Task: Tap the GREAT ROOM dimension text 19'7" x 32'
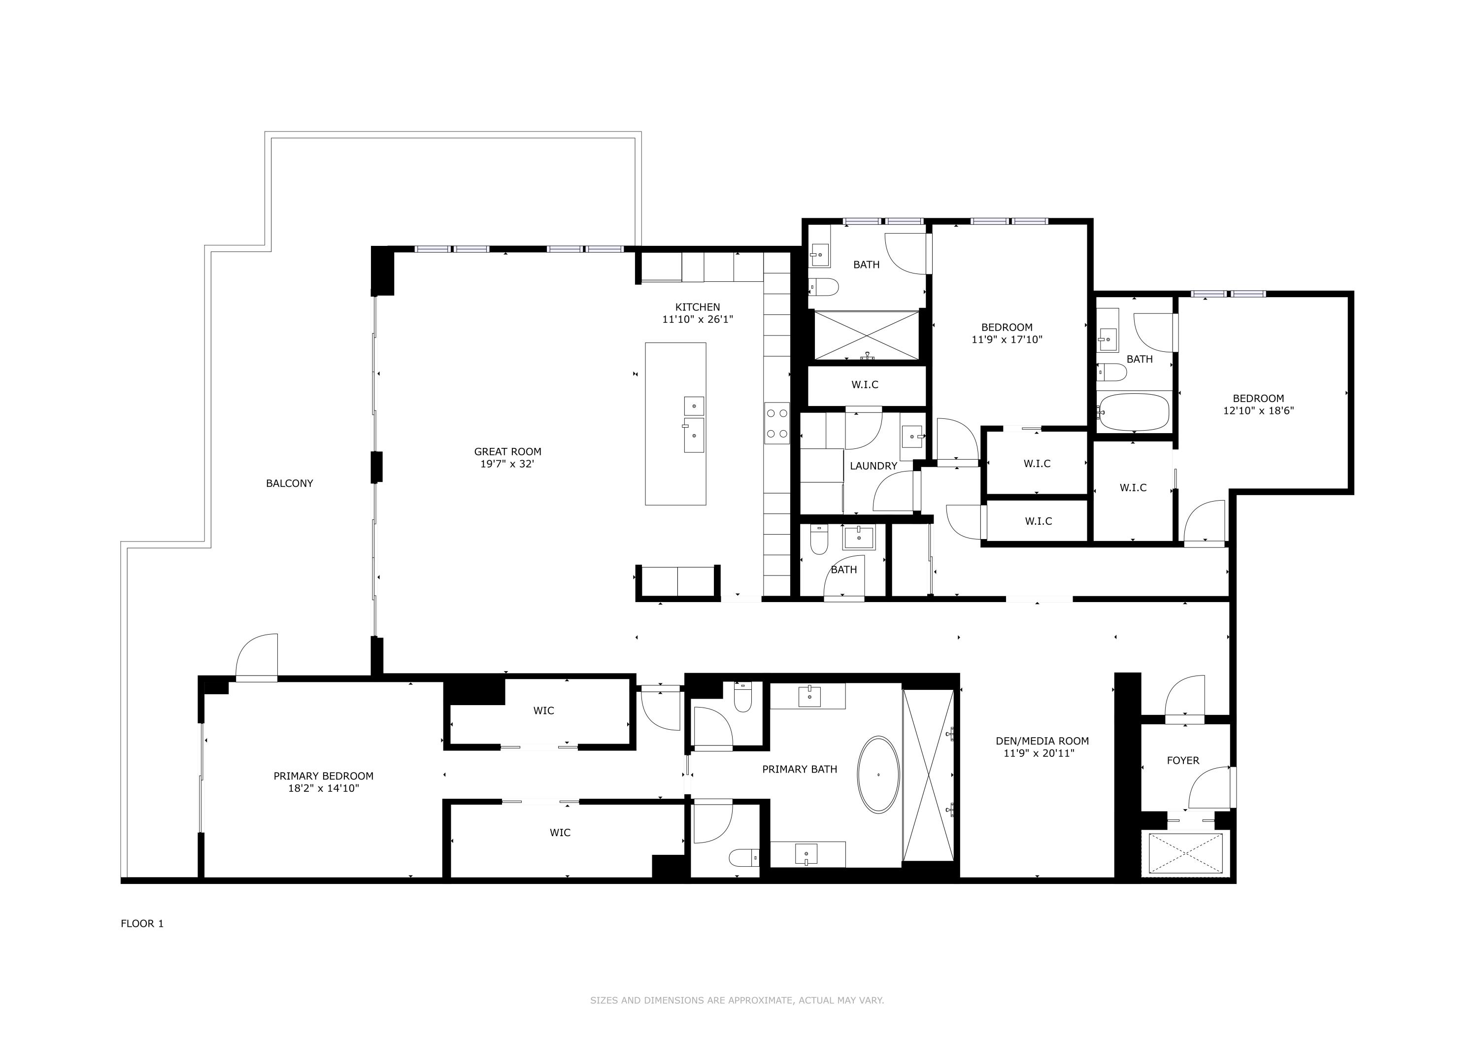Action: click(507, 464)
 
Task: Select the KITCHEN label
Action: click(697, 307)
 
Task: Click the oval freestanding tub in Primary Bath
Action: click(877, 774)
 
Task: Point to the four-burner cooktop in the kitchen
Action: click(776, 423)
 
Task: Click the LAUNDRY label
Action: click(873, 466)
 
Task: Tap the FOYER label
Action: click(1182, 760)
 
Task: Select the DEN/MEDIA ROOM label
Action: click(1041, 741)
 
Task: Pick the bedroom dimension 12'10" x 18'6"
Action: click(1258, 410)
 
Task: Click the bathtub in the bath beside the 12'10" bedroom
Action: click(1134, 412)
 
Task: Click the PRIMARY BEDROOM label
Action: click(323, 776)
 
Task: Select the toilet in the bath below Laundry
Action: click(818, 541)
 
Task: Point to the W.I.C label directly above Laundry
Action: click(865, 385)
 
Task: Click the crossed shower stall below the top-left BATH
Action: click(866, 335)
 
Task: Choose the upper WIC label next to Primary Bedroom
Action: click(543, 711)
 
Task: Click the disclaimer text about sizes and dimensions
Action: click(737, 1000)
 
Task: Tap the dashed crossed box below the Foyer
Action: click(1186, 853)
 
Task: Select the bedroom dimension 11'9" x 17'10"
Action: click(1007, 339)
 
